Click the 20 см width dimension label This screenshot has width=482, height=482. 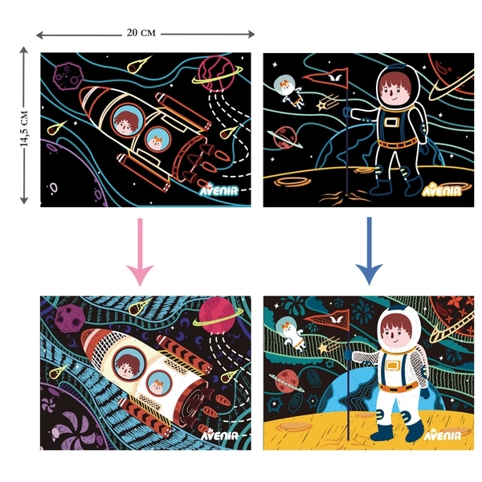point(141,33)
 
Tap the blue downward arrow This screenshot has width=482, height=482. point(370,251)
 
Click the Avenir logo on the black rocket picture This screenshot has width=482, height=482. point(219,190)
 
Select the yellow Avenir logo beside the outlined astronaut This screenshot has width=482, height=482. point(442,190)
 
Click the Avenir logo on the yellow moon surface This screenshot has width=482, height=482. point(443,435)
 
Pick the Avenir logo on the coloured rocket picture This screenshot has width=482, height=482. point(219,435)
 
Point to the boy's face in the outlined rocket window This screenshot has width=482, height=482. point(125,122)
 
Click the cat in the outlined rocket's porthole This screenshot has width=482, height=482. point(157,142)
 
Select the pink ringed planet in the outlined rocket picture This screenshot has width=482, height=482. point(216,74)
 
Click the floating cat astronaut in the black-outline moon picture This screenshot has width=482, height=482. point(289,92)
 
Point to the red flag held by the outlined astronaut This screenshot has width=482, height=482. point(329,78)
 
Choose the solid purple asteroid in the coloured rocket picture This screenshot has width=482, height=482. point(70,318)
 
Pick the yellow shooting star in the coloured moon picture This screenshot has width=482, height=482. point(328,345)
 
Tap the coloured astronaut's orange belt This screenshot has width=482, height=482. point(398,386)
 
